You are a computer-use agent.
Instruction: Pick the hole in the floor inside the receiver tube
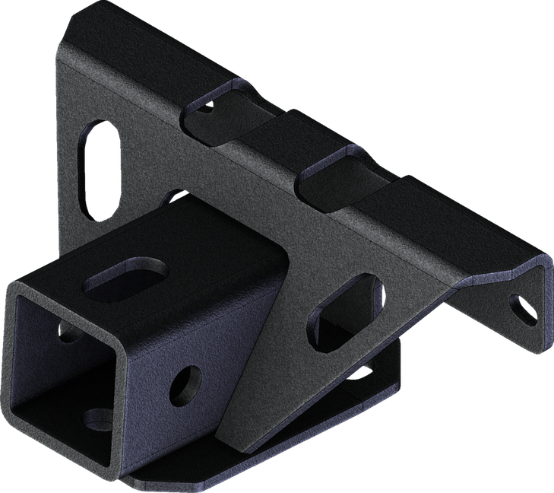tap(97, 417)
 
